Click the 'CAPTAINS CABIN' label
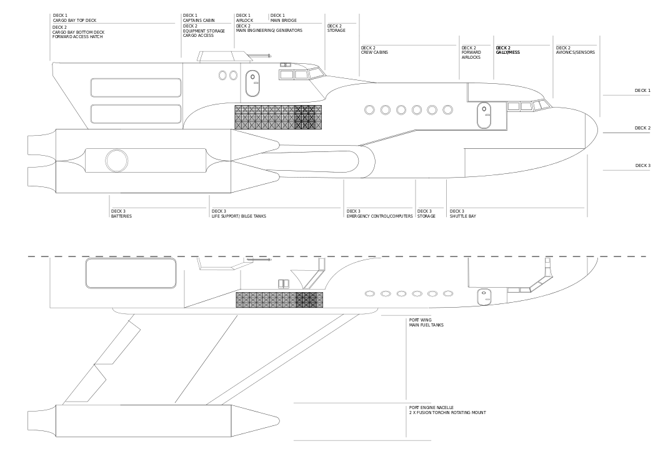199,21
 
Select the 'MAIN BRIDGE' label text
283,21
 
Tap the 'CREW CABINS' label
374,53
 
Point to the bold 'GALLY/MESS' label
508,53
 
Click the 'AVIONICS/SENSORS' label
576,53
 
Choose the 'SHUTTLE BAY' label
463,216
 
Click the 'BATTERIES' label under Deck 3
121,216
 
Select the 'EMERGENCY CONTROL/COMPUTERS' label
379,216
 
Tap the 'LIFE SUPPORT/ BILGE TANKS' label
239,216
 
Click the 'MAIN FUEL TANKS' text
426,325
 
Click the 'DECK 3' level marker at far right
642,166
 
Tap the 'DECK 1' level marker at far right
642,91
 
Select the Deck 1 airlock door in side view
252,83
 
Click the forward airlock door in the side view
484,115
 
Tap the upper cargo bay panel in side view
136,88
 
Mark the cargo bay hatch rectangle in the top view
131,273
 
